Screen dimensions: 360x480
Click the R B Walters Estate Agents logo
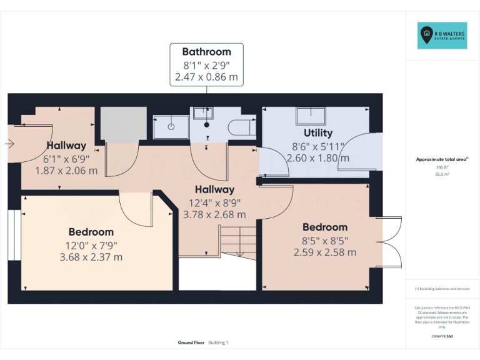click(441, 36)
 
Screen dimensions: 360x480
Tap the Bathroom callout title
click(206, 52)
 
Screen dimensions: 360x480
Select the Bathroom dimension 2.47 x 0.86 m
click(206, 77)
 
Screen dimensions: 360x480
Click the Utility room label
click(318, 132)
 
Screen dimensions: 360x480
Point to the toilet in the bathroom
click(241, 127)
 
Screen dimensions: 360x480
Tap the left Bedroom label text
click(91, 232)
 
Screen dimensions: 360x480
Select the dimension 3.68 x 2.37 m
click(91, 257)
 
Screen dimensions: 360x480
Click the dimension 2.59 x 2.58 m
click(325, 252)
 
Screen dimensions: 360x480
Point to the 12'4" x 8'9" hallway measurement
click(214, 202)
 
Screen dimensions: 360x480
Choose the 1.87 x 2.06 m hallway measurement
click(66, 170)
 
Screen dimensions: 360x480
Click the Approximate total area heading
click(441, 159)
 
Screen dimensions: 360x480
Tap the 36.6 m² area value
click(441, 174)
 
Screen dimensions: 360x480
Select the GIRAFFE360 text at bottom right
click(442, 337)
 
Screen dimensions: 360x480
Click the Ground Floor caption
click(191, 342)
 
